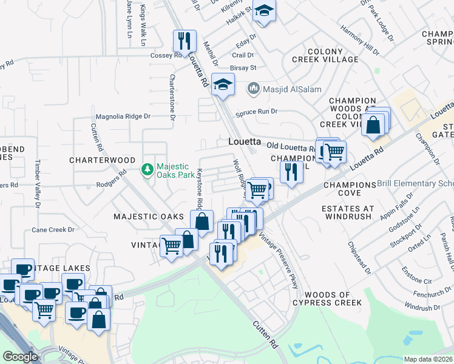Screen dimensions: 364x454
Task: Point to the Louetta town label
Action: tap(245, 141)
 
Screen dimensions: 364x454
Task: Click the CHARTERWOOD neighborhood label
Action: tap(102, 160)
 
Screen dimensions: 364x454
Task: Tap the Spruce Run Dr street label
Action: tap(257, 112)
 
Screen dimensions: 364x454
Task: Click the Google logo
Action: tap(21, 357)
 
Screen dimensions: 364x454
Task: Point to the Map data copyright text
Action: tap(429, 359)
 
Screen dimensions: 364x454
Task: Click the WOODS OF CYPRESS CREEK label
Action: tap(327, 298)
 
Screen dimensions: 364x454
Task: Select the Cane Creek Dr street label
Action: tap(53, 230)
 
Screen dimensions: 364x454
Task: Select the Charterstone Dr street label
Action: tap(172, 97)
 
